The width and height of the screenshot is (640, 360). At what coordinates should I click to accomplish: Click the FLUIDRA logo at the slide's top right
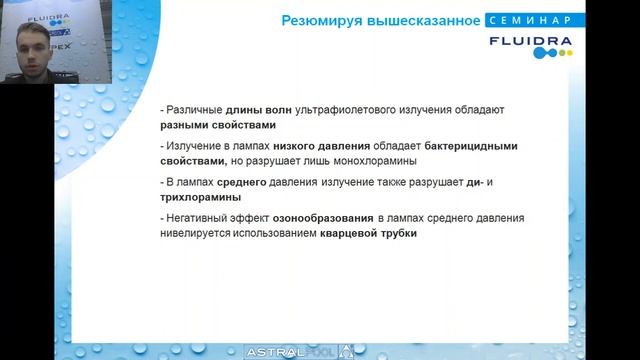click(x=531, y=44)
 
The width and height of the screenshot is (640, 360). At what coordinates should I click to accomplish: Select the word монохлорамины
click(x=374, y=161)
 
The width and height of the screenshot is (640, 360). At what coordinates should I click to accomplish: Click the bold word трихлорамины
click(x=200, y=198)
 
